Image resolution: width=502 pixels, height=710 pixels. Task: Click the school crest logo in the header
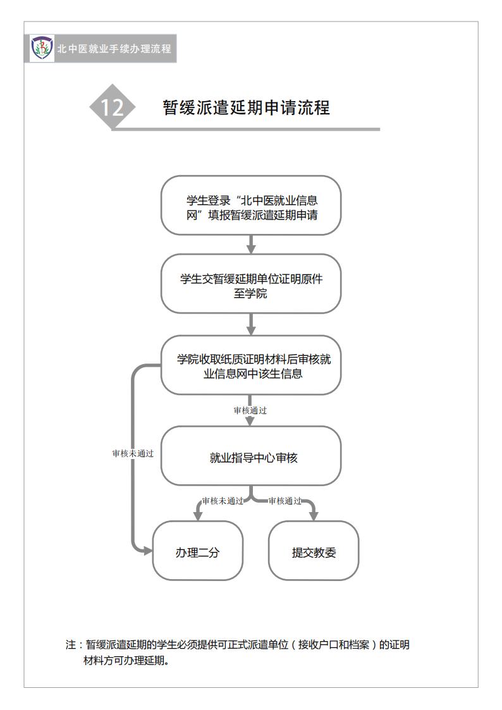pos(42,48)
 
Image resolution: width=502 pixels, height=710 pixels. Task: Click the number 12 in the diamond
pos(113,107)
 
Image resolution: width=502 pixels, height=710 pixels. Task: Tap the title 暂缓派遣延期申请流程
pos(246,107)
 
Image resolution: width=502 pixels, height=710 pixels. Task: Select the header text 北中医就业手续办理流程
pos(114,49)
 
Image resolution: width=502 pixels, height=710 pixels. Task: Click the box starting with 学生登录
pos(251,205)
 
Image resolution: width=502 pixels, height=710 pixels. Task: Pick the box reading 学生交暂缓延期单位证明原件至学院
pos(251,283)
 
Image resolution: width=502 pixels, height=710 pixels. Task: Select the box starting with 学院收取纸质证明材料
pos(251,365)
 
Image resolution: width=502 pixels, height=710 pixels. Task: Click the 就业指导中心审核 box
pos(251,455)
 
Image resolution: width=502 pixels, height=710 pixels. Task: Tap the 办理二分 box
pos(198,551)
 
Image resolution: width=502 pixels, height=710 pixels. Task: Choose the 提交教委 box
pos(314,551)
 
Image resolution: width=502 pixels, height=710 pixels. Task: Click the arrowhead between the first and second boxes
pos(251,248)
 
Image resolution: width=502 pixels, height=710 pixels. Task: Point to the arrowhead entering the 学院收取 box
pos(251,330)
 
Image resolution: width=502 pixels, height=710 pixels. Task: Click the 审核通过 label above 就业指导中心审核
pos(250,410)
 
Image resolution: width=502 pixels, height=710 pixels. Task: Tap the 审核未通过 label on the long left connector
pos(133,453)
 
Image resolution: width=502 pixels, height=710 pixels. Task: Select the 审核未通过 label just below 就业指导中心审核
pos(223,501)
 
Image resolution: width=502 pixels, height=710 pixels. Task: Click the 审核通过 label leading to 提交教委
pos(285,501)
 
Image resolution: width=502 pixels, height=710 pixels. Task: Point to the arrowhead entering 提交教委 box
pos(313,516)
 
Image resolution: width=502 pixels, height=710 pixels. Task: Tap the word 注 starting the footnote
pos(71,645)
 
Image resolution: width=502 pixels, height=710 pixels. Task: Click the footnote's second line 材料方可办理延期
pos(126,661)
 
